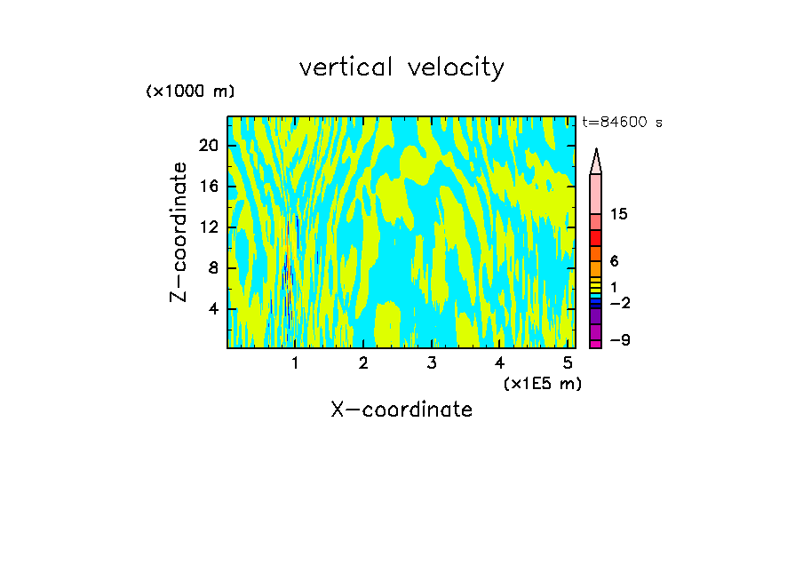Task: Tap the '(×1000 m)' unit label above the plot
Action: [x=190, y=92]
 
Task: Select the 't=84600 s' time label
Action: [x=623, y=123]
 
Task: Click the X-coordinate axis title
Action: [x=401, y=410]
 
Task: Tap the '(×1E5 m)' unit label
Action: [x=542, y=384]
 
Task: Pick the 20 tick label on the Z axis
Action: [x=209, y=146]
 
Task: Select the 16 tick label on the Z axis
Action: [x=209, y=187]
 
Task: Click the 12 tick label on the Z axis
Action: [x=209, y=227]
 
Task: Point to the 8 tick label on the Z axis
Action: [x=213, y=268]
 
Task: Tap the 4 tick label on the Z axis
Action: [x=213, y=309]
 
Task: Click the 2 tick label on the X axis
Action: [x=363, y=363]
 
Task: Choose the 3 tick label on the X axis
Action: [x=432, y=363]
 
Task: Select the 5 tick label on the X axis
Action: [x=568, y=363]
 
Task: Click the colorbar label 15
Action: [x=619, y=214]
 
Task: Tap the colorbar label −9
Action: [x=619, y=341]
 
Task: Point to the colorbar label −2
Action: [x=619, y=303]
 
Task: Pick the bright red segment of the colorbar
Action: [x=596, y=238]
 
